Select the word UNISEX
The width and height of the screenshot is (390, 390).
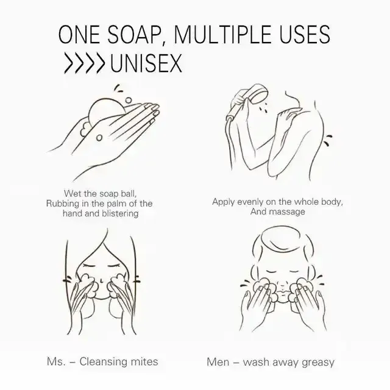[146, 63]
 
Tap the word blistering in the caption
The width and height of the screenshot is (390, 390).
[121, 213]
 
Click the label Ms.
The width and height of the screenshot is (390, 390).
[57, 362]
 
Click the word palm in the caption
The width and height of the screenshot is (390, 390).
[112, 204]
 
